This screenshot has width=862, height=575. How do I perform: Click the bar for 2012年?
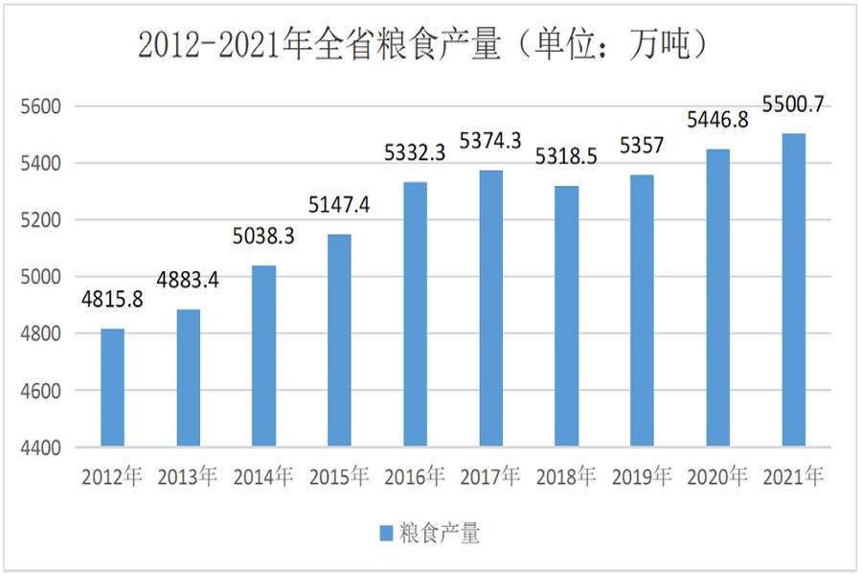tap(112, 388)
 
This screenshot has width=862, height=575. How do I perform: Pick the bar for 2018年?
tap(566, 316)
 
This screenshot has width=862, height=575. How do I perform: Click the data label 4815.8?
tap(112, 299)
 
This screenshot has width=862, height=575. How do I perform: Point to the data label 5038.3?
tap(264, 236)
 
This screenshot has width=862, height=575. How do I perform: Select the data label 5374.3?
tap(490, 141)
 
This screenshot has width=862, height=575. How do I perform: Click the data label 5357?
tap(642, 147)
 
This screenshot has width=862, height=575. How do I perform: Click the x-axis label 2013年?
tap(188, 476)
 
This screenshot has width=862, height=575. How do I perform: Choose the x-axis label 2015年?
tap(339, 476)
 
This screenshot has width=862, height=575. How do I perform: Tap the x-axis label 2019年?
tap(642, 476)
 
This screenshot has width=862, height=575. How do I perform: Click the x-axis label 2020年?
tap(717, 476)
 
